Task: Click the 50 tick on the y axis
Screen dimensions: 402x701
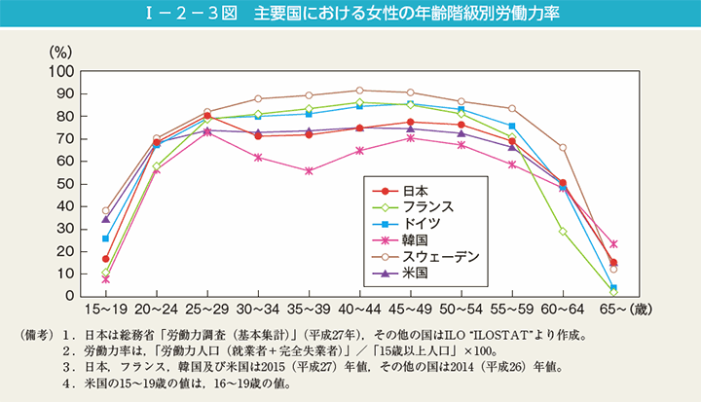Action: point(65,183)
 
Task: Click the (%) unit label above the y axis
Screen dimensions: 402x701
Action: point(61,50)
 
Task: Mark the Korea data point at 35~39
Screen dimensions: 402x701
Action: point(309,170)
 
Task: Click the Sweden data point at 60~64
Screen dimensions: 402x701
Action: point(563,147)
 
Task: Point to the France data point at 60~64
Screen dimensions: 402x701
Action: point(563,231)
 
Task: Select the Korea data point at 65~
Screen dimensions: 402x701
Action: point(613,243)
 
